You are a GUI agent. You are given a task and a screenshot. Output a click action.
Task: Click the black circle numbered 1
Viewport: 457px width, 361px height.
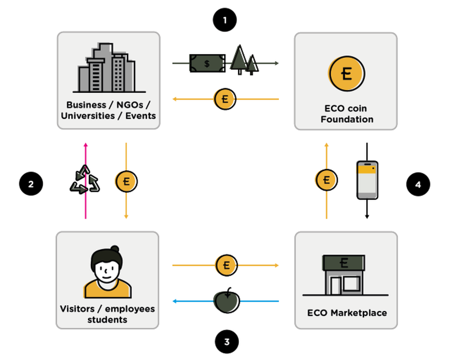point(225,21)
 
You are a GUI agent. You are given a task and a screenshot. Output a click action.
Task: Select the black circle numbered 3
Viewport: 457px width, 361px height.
point(226,341)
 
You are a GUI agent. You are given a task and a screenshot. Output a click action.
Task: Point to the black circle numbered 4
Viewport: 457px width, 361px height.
point(418,184)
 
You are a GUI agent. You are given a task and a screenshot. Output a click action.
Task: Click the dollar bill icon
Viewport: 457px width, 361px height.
point(207,63)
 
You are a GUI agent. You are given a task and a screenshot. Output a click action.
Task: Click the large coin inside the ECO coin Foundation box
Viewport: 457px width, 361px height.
point(346,73)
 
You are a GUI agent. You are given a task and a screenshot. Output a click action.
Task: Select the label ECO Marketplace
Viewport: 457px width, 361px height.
point(347,313)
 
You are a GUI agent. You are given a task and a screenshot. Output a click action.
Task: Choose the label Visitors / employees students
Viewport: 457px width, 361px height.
point(108,314)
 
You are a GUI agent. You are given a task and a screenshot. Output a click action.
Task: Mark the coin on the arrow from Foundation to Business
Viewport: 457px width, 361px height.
point(225,99)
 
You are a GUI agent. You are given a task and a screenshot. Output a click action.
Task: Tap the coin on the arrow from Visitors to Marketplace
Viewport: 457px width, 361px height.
point(226,265)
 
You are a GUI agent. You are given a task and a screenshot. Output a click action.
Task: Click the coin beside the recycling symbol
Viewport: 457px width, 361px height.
point(126,181)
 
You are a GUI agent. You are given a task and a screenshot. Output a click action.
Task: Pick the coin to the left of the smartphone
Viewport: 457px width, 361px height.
point(326,179)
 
